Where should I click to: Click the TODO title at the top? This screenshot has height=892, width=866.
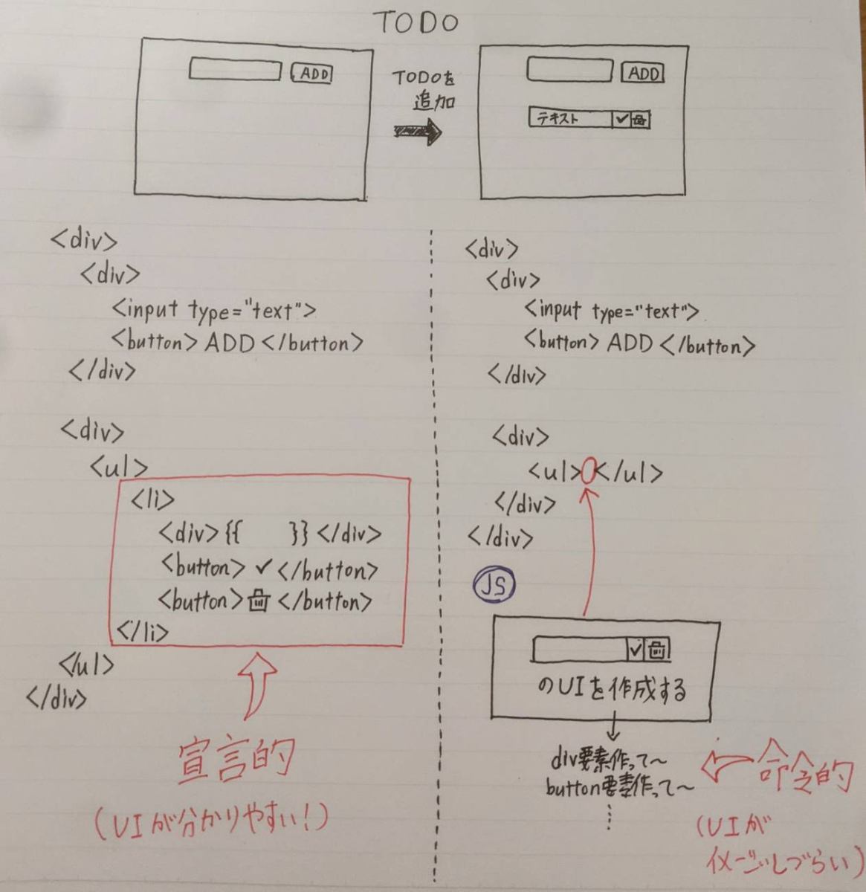tap(416, 22)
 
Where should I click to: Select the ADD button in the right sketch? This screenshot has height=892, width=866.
tap(643, 73)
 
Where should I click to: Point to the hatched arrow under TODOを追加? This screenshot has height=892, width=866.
tap(418, 133)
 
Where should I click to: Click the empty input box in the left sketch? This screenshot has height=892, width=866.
tap(236, 70)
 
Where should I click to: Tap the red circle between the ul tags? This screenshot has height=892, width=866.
tap(588, 472)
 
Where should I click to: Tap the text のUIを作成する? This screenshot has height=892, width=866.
tap(611, 688)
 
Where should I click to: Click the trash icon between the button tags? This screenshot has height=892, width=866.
tap(258, 601)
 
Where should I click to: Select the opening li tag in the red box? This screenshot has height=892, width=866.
tap(152, 500)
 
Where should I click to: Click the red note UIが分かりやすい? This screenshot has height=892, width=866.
tap(212, 821)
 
